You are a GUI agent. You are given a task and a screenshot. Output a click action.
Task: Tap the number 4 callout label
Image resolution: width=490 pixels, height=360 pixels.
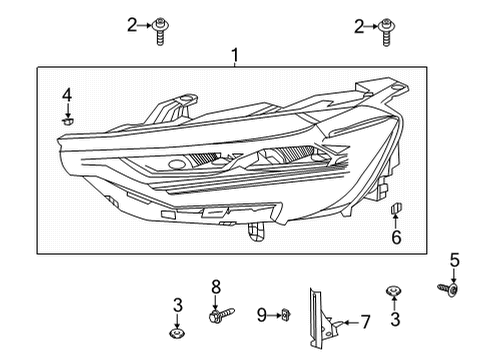coord(67,95)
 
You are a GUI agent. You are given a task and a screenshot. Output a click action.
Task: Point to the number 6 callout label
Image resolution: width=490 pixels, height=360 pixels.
coord(396,237)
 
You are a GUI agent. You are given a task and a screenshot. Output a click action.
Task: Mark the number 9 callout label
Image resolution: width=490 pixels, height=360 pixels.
coord(260,315)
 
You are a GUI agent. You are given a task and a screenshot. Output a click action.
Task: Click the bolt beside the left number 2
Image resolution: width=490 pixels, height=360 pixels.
coord(160,32)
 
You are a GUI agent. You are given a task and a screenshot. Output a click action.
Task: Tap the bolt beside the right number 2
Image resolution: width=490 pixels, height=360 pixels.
coord(385,32)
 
